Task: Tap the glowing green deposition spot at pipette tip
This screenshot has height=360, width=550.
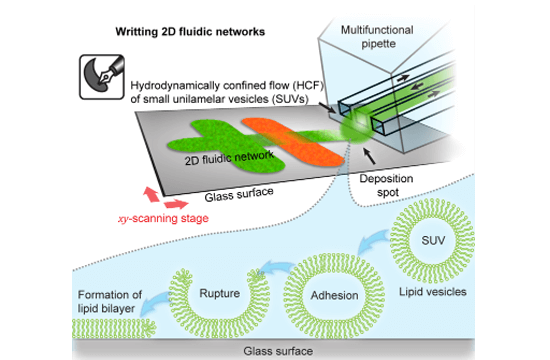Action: pos(355,126)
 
